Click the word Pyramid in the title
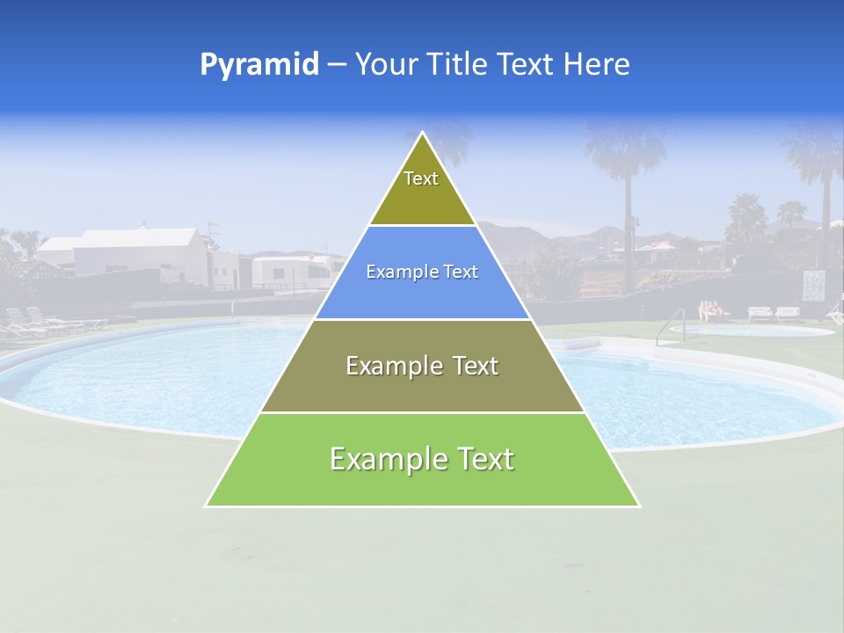(258, 65)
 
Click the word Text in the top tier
(421, 178)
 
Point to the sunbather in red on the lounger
(712, 309)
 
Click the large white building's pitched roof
(141, 238)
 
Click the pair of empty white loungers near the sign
(774, 312)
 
